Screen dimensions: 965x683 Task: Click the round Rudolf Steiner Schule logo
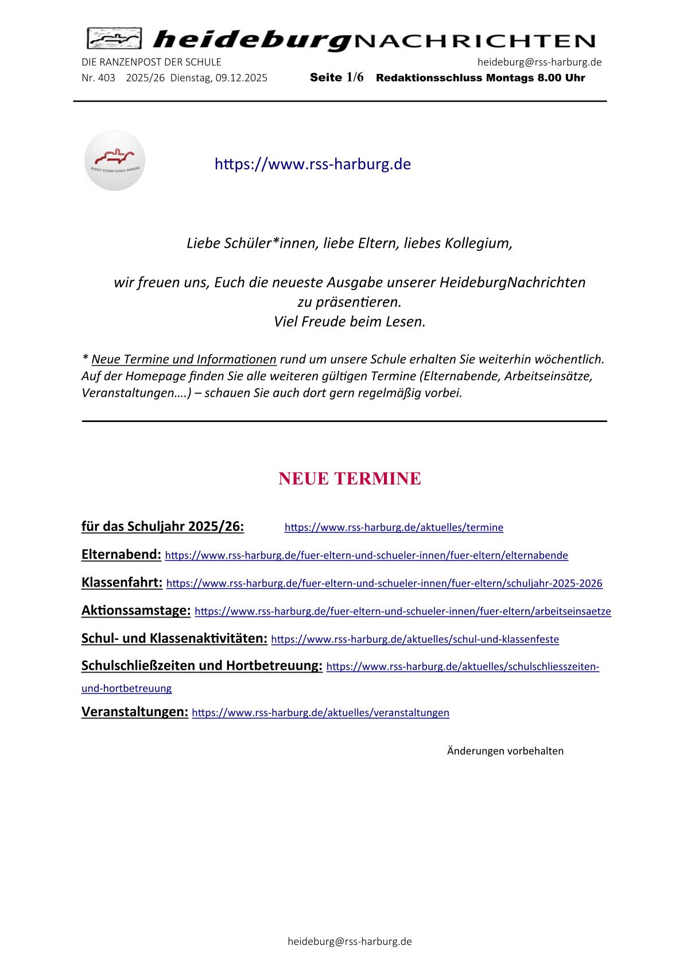[x=114, y=161]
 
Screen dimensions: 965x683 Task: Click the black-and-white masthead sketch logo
[x=114, y=39]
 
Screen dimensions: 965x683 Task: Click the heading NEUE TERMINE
[x=350, y=478]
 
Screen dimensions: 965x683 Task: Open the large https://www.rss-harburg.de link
[x=312, y=164]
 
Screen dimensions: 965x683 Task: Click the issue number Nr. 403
[x=98, y=78]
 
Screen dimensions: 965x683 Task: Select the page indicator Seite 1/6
[x=336, y=78]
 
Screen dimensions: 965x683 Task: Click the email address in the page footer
[x=350, y=941]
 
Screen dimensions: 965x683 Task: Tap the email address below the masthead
[x=539, y=62]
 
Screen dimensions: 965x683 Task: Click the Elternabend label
[x=121, y=554]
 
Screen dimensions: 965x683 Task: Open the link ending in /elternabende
[x=366, y=556]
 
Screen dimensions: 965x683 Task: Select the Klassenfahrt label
[x=122, y=583]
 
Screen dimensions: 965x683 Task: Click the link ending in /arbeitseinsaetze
[x=403, y=611]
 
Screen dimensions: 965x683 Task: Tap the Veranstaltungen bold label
[x=135, y=712]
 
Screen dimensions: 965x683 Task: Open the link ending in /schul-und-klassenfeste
[x=414, y=639]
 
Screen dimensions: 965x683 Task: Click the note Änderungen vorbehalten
[x=505, y=751]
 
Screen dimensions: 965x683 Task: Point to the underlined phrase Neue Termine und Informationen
[x=184, y=360]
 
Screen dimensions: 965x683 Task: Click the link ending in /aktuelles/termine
[x=394, y=528]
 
